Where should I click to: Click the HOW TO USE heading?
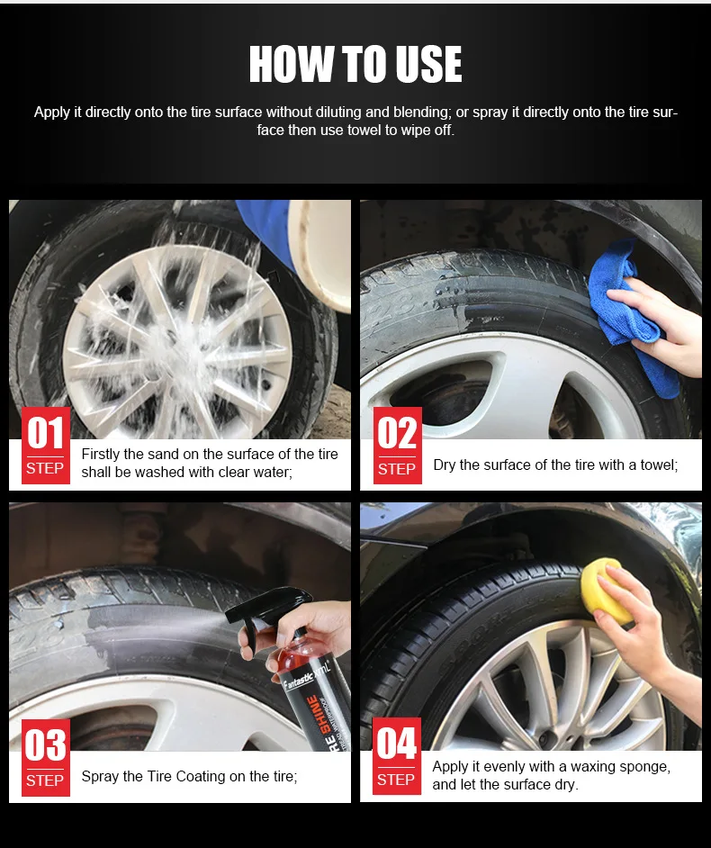[355, 65]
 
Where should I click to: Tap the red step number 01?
[45, 434]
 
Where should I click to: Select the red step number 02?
[397, 434]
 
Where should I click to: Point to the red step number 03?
[45, 745]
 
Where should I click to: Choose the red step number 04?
[397, 744]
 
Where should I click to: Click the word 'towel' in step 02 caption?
[653, 465]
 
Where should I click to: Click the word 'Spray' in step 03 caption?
[100, 776]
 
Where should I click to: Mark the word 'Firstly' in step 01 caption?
[102, 454]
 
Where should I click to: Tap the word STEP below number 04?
[396, 780]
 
